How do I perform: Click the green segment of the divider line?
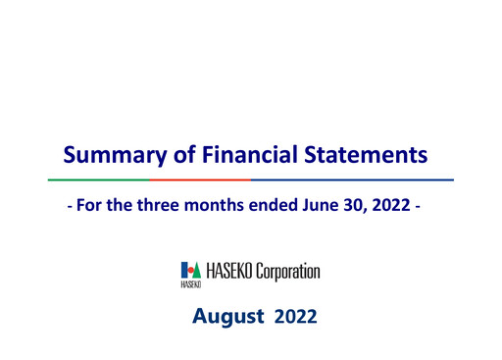click(97, 180)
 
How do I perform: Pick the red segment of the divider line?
click(200, 180)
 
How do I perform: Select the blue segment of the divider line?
click(353, 180)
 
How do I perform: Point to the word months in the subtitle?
click(197, 209)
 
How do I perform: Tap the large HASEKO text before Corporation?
click(227, 270)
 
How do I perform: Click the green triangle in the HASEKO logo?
click(194, 269)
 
